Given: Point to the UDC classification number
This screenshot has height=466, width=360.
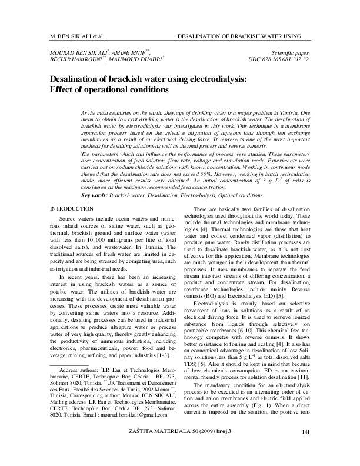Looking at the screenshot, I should pyautogui.click(x=281, y=60).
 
